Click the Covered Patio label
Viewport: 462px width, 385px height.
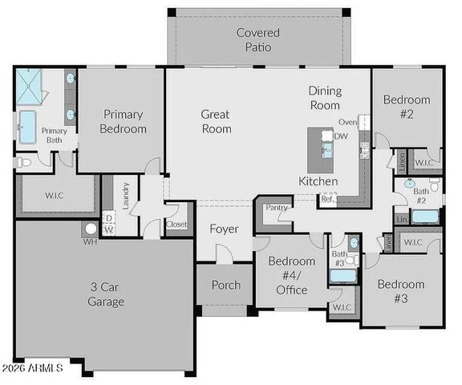258,39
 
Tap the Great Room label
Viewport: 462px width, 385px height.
216,122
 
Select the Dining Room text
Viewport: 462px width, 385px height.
324,99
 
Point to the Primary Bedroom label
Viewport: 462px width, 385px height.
124,122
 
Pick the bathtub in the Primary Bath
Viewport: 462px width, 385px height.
28,127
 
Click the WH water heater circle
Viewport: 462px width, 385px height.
91,229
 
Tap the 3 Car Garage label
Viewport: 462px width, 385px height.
106,295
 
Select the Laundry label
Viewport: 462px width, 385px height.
127,197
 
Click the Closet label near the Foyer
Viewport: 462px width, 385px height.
176,225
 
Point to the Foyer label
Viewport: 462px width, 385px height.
225,229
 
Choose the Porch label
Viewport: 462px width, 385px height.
225,286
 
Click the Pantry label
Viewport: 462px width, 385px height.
277,208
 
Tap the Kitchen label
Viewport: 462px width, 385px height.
318,182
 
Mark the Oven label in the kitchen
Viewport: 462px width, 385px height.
347,122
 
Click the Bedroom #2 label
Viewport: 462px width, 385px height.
406,107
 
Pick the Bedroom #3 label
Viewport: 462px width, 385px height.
401,291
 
